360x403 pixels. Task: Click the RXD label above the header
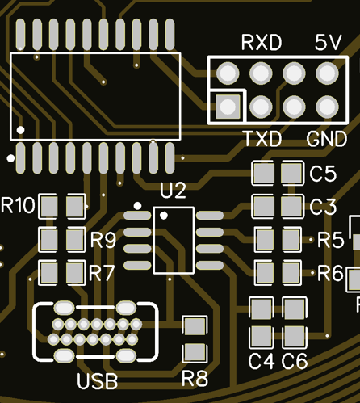262,43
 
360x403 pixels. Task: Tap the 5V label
329,43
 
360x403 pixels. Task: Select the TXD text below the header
262,139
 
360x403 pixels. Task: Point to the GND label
327,139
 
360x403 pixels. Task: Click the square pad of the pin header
228,107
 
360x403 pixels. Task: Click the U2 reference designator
173,191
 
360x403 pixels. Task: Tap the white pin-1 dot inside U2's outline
164,216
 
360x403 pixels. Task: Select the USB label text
98,381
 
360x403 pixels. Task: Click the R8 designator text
195,379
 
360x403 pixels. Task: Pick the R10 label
18,205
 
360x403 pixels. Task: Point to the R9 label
103,240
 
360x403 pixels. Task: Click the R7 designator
102,273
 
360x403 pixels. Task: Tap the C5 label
323,174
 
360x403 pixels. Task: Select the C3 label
323,207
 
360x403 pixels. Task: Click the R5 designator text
331,240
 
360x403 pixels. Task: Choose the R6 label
331,273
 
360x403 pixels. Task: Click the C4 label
262,361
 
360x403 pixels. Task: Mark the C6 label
295,361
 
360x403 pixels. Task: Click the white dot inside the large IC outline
20,130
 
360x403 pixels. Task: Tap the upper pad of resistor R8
195,325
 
